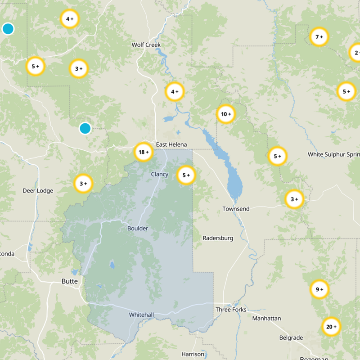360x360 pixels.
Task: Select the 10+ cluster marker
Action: (226, 114)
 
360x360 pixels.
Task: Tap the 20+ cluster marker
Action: (331, 327)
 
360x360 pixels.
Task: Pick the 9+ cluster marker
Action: (319, 289)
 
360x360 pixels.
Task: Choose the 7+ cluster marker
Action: (319, 37)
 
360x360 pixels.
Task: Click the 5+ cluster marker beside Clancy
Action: (186, 175)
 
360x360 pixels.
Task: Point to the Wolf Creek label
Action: (146, 45)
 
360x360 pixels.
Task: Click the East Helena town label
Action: (171, 144)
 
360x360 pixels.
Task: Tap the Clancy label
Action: (160, 175)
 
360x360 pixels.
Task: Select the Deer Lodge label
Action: (38, 191)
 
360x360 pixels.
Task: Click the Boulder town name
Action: (138, 229)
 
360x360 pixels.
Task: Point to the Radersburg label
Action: (218, 238)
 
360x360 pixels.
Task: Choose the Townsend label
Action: (236, 209)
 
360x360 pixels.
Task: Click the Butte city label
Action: (69, 281)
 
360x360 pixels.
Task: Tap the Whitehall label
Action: (142, 314)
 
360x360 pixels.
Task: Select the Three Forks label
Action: (229, 310)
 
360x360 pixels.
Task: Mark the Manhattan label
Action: (266, 318)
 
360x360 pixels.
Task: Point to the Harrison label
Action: (193, 354)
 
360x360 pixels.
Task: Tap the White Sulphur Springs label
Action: (333, 154)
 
